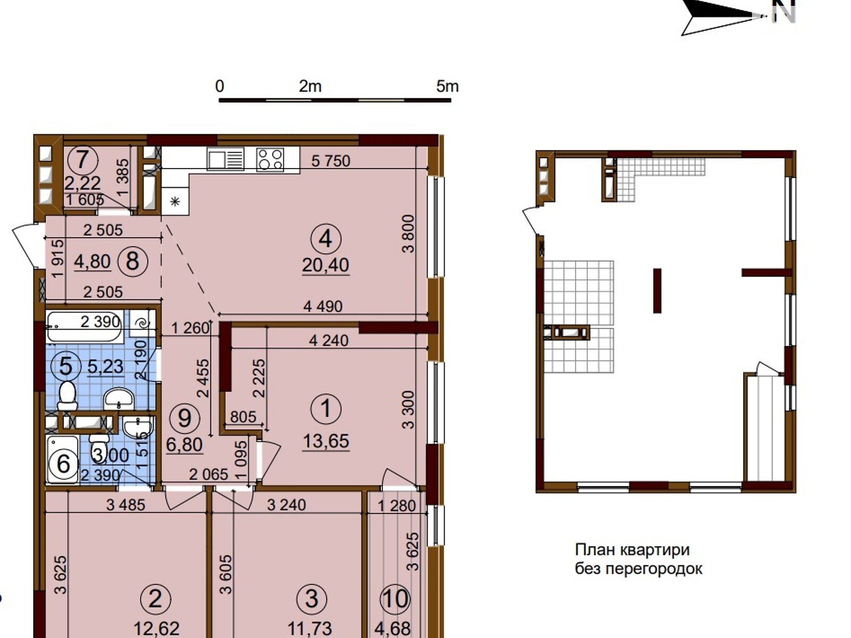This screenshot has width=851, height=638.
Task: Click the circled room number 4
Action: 326,239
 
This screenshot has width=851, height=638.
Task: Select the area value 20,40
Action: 326,265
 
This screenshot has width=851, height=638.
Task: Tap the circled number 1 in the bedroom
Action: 326,409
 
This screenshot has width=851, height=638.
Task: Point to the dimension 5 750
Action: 331,161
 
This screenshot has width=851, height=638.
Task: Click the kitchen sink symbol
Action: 226,159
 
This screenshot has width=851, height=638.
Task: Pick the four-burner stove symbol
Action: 270,159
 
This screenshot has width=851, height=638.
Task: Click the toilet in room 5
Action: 67,396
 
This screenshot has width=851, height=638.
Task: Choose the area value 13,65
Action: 326,441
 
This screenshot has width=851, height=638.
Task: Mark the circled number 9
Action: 185,418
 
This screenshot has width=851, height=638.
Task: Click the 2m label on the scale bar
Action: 310,86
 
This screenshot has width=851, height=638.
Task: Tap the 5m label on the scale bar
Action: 447,86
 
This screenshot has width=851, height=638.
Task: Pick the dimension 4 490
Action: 323,306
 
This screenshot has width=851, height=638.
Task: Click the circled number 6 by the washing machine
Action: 63,464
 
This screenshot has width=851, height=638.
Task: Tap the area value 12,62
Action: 156,629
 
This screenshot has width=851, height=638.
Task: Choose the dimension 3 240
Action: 287,505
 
